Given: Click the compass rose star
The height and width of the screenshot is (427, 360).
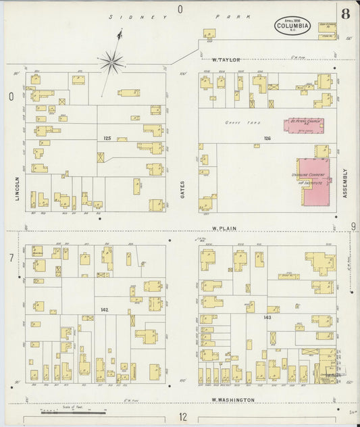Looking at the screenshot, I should coord(112,64).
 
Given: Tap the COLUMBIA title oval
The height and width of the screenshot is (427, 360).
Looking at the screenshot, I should coord(292,27).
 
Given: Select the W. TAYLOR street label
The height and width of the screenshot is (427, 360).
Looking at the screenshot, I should coord(226,60).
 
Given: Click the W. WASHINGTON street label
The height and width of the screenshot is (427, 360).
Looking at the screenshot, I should coord(233,400).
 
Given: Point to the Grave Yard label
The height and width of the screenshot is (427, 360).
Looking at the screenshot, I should coord(237,122).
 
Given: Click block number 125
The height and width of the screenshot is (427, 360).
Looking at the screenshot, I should coord(107,138).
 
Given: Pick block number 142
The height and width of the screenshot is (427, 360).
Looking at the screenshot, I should coord(105,309).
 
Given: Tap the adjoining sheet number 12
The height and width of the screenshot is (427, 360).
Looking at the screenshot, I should coord(182,417).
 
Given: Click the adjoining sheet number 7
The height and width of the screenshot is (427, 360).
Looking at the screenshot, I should coord(11,257).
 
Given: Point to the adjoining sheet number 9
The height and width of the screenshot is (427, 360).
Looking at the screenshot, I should coord(353,227).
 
